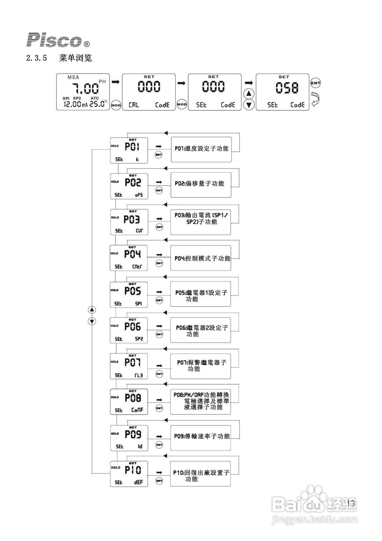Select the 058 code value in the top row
[x=286, y=87]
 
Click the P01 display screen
[x=129, y=150]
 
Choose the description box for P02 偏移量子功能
[x=201, y=184]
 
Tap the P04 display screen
[x=129, y=258]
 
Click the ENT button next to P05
[x=159, y=300]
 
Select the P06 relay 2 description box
[x=201, y=330]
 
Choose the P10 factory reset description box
[x=201, y=474]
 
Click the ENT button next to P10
[x=159, y=481]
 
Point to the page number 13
[x=351, y=503]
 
